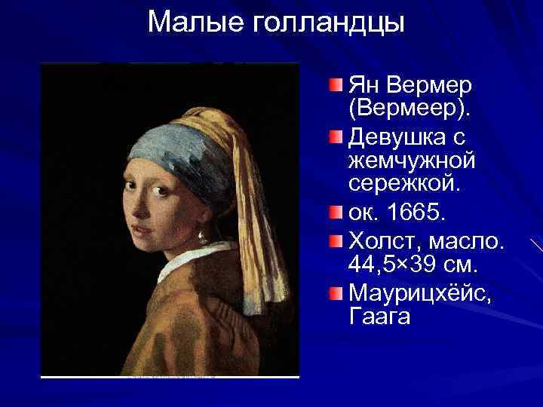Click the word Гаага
(x=380, y=316)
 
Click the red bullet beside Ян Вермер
(x=336, y=81)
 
